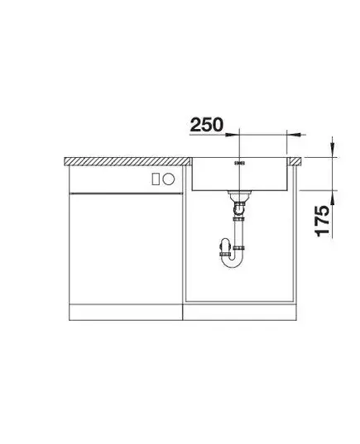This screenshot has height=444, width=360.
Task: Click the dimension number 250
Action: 206,125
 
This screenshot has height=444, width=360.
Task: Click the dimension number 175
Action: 322,221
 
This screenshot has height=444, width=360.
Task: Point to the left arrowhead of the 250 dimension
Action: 233,135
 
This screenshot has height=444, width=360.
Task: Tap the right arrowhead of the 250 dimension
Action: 294,135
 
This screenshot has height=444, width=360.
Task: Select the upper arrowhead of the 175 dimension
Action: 333,150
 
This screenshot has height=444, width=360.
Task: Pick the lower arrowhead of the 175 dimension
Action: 333,197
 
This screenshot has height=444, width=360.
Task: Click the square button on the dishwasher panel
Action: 156,179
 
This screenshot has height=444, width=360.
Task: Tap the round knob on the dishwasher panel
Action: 169,179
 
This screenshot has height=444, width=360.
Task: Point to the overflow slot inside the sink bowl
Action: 239,164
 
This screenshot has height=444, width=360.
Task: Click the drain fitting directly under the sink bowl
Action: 239,195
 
